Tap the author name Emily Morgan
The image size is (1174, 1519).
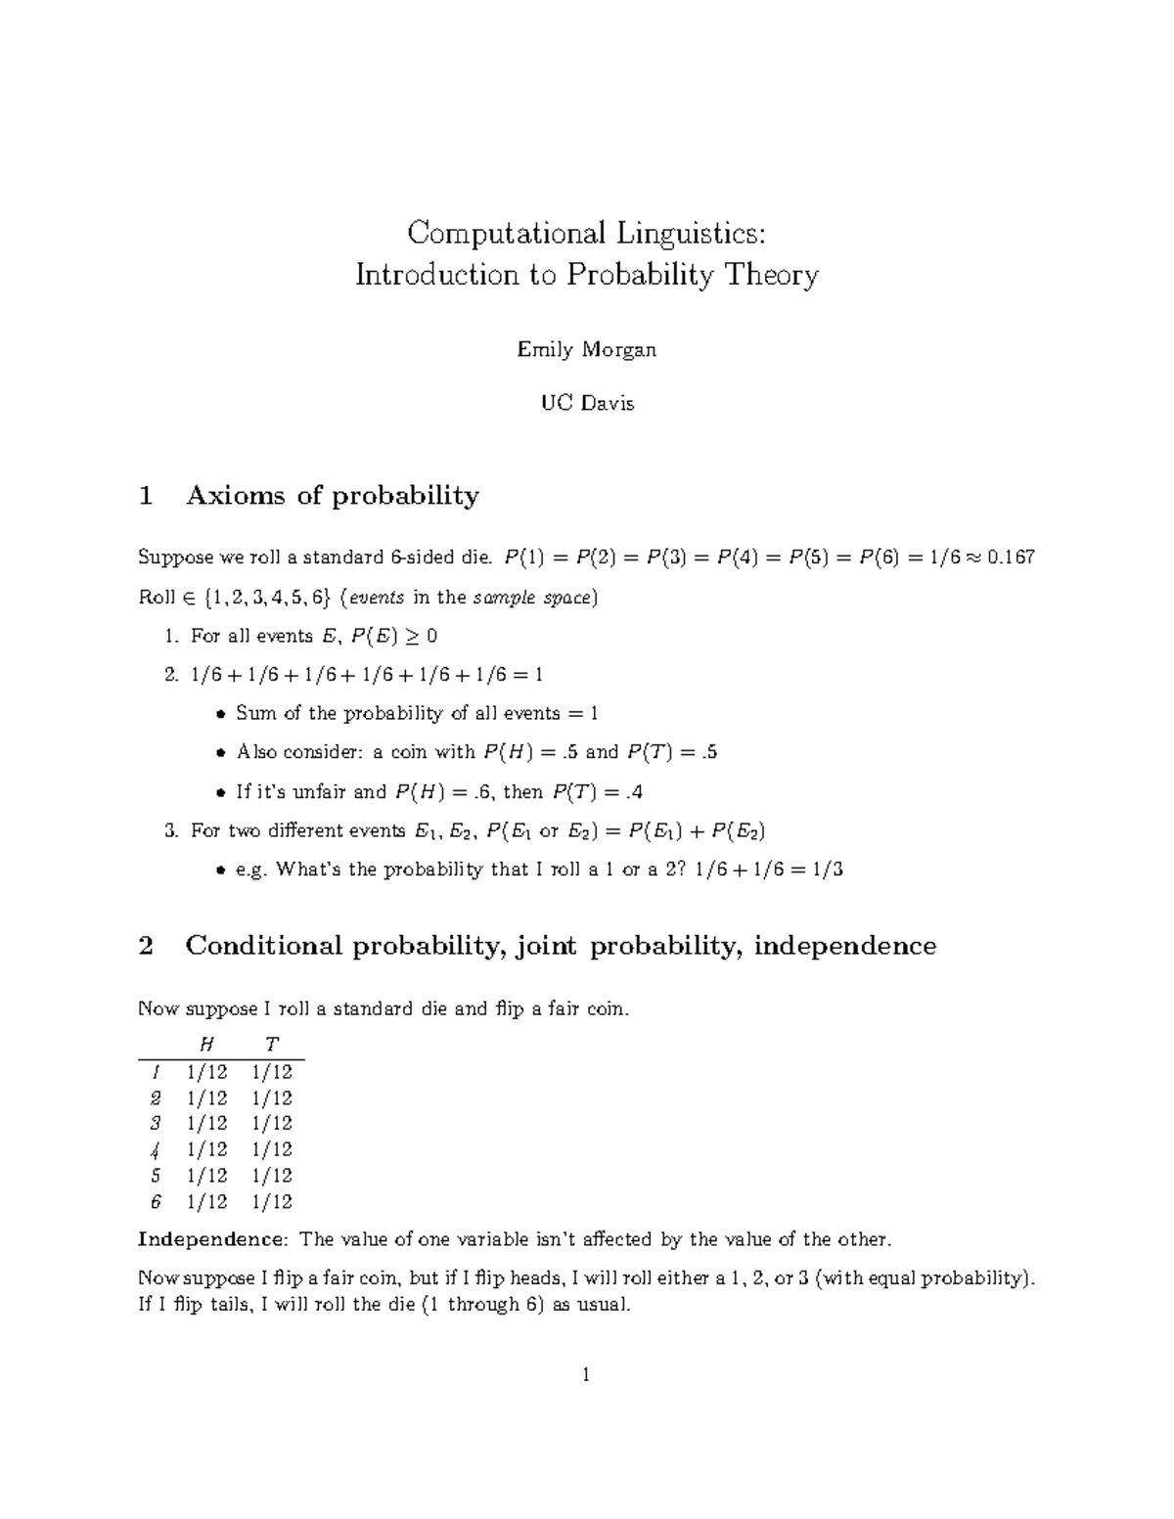click(x=586, y=349)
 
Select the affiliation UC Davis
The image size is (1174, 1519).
click(x=587, y=403)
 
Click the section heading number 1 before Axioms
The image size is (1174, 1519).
click(x=146, y=496)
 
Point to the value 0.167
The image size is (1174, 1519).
click(x=1011, y=558)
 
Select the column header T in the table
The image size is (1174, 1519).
click(x=272, y=1045)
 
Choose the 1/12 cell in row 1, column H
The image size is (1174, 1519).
click(x=206, y=1072)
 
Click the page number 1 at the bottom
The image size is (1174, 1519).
click(x=586, y=1376)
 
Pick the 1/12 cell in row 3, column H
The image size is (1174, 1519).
click(x=206, y=1124)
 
